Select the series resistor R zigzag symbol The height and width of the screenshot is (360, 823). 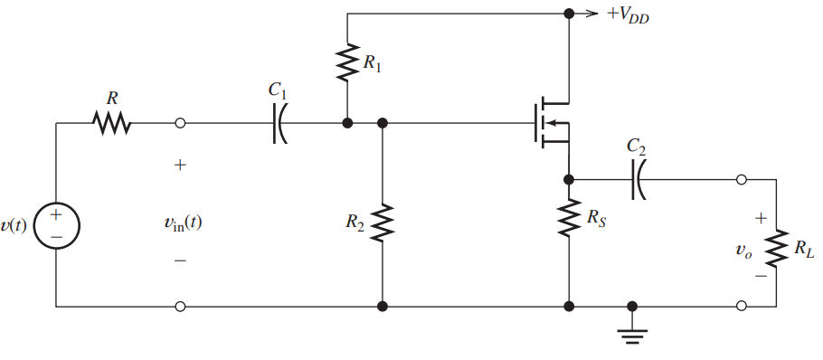tap(113, 123)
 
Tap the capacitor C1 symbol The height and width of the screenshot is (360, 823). tap(279, 124)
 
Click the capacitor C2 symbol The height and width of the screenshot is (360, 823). tap(639, 179)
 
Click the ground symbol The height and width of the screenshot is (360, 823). tap(631, 335)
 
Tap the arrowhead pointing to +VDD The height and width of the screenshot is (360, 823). tap(591, 14)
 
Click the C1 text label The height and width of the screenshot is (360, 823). tap(279, 92)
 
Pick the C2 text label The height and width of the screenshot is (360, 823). tap(638, 147)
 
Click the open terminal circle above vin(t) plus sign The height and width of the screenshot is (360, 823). tap(180, 123)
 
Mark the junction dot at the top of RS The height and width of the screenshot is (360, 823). tap(569, 179)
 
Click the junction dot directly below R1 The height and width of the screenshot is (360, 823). tap(346, 123)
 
